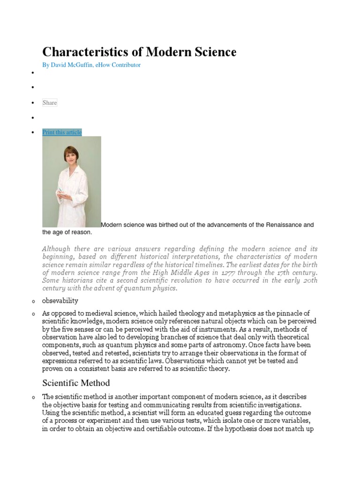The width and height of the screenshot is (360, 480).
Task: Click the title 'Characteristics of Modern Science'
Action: tap(139, 52)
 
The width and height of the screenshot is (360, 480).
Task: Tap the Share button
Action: tap(50, 103)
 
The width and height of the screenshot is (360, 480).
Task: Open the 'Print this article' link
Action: tap(62, 132)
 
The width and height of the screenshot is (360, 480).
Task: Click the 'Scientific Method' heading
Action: tap(76, 383)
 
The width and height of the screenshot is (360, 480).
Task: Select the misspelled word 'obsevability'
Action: tap(60, 300)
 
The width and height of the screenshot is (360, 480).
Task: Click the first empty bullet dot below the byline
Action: tap(33, 73)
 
